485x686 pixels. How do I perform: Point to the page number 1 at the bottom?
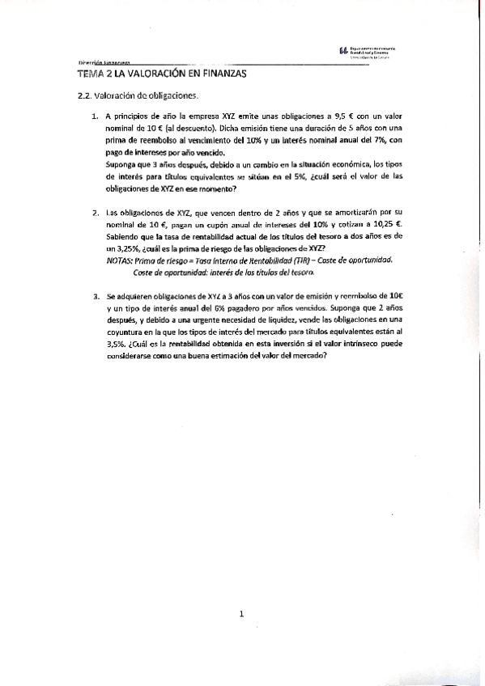coord(242,616)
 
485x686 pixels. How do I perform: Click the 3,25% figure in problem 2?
coord(123,249)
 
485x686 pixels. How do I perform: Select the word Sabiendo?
coord(125,237)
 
